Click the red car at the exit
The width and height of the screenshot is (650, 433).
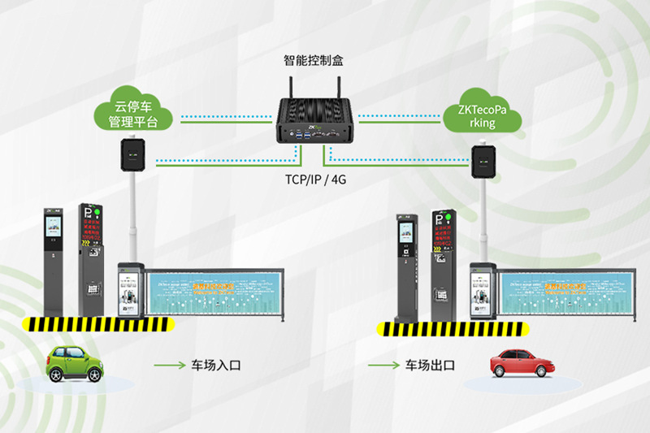[x=518, y=362]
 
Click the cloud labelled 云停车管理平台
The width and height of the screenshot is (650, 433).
[x=133, y=113]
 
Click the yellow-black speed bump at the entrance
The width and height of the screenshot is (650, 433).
[x=98, y=324]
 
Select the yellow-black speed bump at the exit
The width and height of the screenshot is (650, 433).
[x=451, y=329]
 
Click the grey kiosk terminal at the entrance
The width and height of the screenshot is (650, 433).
[x=53, y=260]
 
